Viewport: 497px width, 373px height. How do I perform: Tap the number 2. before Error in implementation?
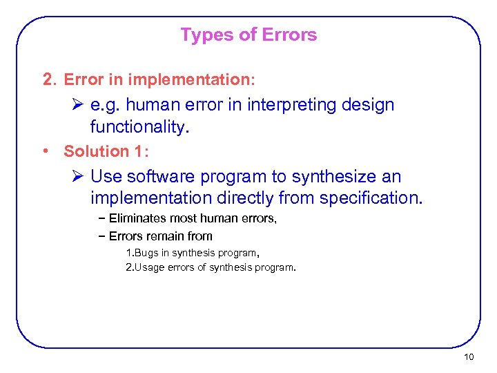(48, 79)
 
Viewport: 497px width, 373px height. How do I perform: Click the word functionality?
(138, 128)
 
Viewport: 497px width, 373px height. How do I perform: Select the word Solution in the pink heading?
(97, 151)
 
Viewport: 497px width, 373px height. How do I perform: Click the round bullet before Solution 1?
(46, 151)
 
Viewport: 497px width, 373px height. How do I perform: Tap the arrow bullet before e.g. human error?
(77, 106)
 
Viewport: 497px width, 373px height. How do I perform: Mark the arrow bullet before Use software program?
(77, 177)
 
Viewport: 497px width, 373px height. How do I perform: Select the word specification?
(370, 199)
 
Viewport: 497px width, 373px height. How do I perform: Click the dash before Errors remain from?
(101, 236)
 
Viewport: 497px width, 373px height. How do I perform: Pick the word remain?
(164, 236)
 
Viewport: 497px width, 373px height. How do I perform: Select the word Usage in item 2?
(151, 267)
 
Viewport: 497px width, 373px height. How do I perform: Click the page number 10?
(469, 357)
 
